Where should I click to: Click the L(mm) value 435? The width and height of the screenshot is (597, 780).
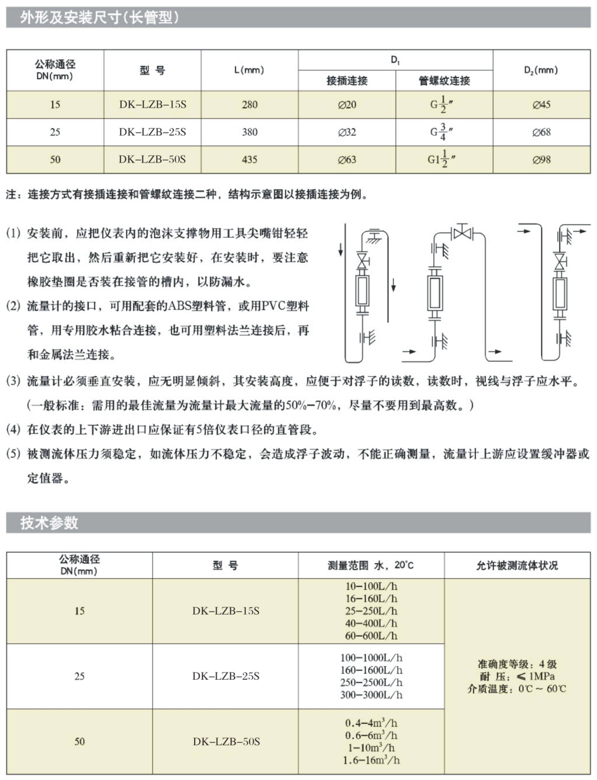(x=250, y=160)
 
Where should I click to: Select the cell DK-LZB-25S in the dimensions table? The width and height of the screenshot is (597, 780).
(x=152, y=132)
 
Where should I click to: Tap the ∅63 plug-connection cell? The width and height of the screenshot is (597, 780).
(x=347, y=160)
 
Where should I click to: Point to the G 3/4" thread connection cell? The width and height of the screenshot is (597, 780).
(x=442, y=132)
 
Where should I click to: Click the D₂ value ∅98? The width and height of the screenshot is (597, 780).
(x=542, y=160)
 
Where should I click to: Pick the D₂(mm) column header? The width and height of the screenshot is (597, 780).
(x=541, y=70)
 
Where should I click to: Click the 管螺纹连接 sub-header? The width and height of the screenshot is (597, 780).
(x=444, y=81)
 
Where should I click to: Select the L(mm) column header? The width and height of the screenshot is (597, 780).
(x=249, y=70)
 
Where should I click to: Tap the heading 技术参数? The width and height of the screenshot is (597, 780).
(x=49, y=522)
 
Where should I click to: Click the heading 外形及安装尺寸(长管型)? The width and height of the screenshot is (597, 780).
(x=100, y=18)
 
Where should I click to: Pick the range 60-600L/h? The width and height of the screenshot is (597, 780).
(x=371, y=636)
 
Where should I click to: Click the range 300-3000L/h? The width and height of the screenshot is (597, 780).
(x=371, y=694)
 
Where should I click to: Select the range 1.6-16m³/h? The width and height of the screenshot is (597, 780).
(x=371, y=760)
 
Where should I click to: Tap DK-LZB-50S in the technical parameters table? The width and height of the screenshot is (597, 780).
(x=226, y=741)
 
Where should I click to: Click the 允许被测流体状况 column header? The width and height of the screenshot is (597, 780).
(x=517, y=565)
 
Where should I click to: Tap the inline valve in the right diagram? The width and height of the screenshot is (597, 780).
(x=560, y=261)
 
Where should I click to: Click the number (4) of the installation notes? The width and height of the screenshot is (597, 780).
(x=14, y=429)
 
